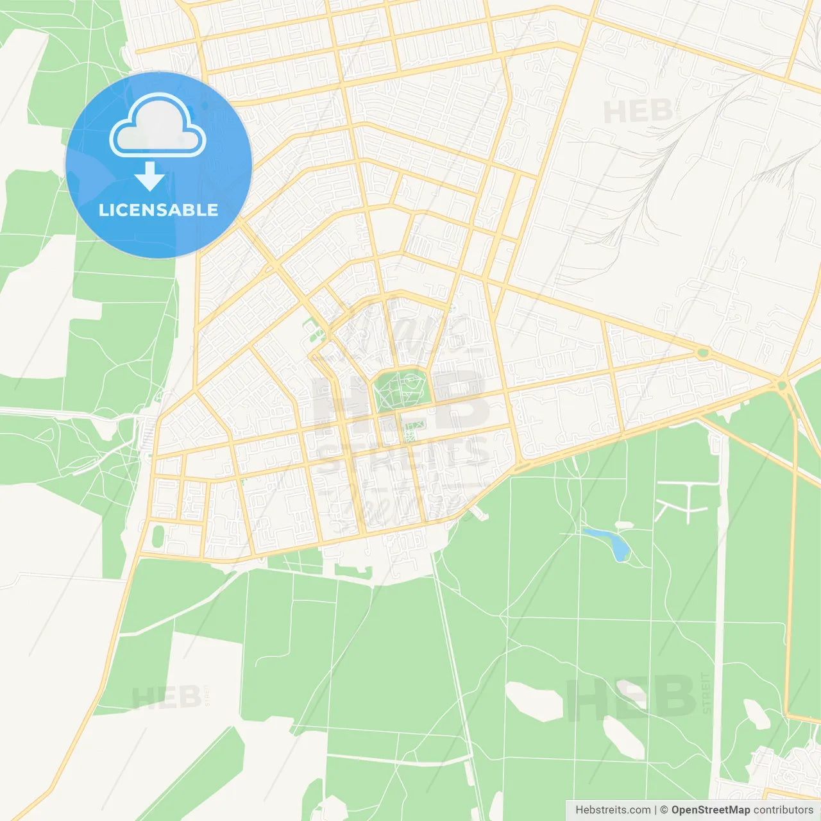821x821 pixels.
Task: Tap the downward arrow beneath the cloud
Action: pos(150,176)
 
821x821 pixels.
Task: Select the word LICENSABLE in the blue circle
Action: pos(158,210)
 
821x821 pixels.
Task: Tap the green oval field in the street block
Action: pos(158,536)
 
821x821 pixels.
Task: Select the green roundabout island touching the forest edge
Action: pos(781,385)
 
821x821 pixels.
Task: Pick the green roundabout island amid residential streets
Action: pos(704,352)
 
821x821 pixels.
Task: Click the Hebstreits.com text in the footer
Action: pos(613,810)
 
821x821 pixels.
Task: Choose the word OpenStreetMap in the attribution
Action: pos(710,810)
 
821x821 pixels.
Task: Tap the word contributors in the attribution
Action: pos(783,810)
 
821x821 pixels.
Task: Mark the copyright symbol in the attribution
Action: pos(664,810)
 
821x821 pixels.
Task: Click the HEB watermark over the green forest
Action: pos(631,697)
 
